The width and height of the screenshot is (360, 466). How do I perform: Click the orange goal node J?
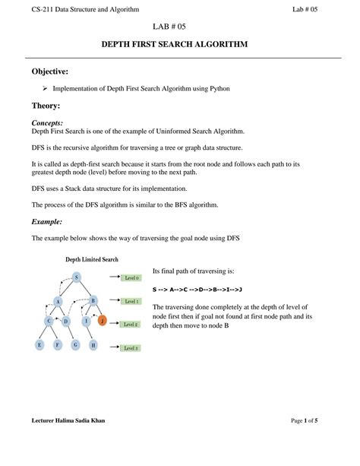click(103, 321)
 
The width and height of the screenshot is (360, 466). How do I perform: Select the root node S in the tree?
click(76, 277)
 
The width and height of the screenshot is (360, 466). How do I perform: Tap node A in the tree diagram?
click(57, 301)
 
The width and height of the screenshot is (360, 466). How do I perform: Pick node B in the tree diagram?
click(93, 301)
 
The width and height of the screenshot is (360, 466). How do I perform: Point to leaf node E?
click(39, 345)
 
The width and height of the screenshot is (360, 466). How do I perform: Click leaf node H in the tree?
click(93, 345)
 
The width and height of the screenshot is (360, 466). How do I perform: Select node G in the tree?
click(75, 345)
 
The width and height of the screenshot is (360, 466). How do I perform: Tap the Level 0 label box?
click(131, 279)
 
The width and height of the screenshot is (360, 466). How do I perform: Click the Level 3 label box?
click(131, 348)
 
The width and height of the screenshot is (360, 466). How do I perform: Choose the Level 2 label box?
click(131, 325)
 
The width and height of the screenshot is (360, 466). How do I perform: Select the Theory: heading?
click(46, 106)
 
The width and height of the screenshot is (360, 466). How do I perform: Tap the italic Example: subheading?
click(46, 221)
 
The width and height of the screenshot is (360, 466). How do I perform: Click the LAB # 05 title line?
click(180, 27)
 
